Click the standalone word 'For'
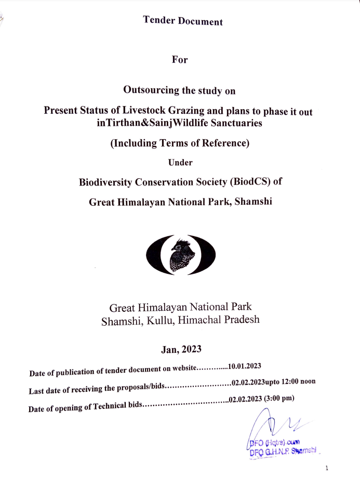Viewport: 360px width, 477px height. tap(180, 59)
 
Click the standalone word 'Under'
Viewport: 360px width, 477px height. tap(180, 162)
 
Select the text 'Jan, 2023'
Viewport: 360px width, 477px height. tap(180, 349)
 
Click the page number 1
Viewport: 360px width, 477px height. tap(326, 468)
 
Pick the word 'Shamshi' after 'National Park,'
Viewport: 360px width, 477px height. tap(254, 202)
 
